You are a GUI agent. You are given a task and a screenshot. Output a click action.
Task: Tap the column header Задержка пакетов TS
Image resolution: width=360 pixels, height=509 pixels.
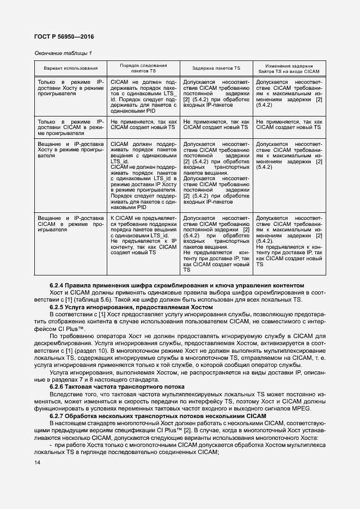click(216, 68)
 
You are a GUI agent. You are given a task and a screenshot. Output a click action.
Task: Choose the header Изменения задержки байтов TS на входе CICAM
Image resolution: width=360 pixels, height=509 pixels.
click(289, 68)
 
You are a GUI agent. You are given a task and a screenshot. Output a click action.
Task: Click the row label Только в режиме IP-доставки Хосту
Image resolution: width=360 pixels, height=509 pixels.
click(70, 88)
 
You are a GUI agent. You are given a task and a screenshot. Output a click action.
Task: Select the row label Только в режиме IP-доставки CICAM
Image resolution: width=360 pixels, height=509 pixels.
click(70, 127)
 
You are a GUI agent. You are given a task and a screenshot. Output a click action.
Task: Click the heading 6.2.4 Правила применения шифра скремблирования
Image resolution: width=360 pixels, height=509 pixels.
click(176, 286)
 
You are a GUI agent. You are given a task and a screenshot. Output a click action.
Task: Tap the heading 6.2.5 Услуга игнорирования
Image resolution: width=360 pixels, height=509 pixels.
click(131, 307)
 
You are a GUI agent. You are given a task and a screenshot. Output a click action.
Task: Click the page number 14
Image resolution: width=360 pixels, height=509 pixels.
click(37, 463)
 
